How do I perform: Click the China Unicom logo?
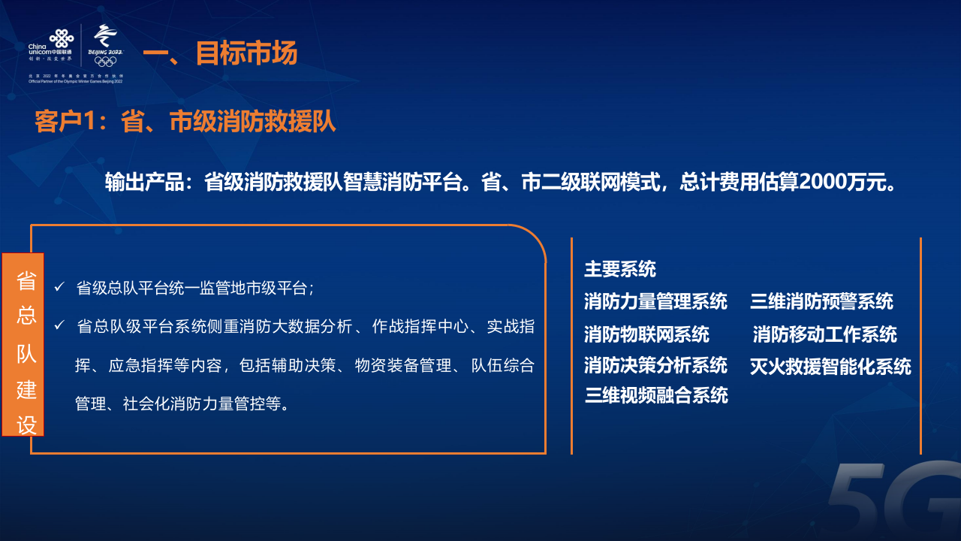coord(51,45)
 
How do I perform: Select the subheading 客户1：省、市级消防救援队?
coord(185,122)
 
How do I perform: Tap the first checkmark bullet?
coord(59,287)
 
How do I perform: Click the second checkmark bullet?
coord(59,326)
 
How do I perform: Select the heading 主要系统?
coord(620,269)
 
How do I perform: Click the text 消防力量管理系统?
coord(655,302)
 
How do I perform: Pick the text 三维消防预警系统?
coord(821,302)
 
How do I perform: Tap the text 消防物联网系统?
coord(646,334)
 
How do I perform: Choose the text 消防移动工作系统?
coord(824,334)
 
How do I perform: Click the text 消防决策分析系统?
coord(655,365)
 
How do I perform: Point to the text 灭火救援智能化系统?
coord(830,367)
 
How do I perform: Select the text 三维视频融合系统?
coord(655,395)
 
